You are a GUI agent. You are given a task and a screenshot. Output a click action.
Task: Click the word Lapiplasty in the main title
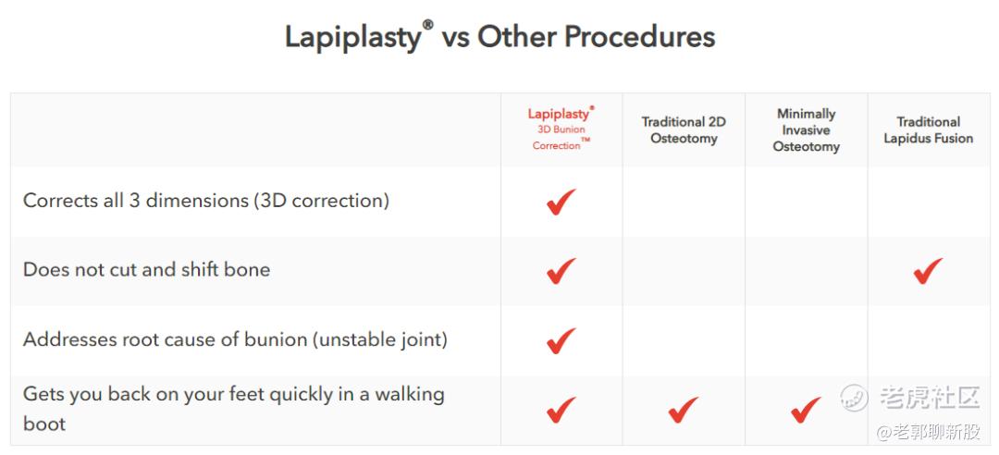pos(352,37)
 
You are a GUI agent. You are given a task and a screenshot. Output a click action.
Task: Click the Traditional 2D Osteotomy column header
pos(684,130)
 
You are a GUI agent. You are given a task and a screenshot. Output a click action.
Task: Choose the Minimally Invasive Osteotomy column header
pos(806,130)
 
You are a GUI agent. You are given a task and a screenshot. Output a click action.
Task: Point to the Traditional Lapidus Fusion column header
pos(929,130)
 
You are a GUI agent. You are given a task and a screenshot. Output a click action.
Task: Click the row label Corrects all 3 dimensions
pos(205,201)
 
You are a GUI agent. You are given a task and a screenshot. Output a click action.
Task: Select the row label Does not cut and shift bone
pos(146,269)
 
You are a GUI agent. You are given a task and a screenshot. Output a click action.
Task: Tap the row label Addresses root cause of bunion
pos(235,339)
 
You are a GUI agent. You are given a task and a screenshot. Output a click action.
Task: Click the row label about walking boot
pos(234,409)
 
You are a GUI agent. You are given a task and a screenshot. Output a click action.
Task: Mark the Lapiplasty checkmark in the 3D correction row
pos(561,202)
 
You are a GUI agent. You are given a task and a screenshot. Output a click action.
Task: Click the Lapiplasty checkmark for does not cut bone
pos(561,271)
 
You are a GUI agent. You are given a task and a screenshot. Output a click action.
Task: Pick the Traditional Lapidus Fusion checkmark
pos(928,271)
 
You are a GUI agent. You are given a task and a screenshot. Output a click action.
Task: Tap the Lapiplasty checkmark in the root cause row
pos(561,340)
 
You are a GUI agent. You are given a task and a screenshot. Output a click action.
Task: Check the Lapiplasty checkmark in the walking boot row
pos(561,410)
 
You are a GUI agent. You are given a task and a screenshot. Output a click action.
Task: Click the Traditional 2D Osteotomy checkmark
pos(683,410)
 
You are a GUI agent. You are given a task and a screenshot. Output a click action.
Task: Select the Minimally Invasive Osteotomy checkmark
pos(806,410)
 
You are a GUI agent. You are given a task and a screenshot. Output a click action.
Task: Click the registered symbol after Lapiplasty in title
pos(428,25)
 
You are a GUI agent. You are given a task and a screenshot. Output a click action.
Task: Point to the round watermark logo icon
pos(854,398)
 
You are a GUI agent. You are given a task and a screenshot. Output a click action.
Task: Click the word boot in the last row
pos(44,424)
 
